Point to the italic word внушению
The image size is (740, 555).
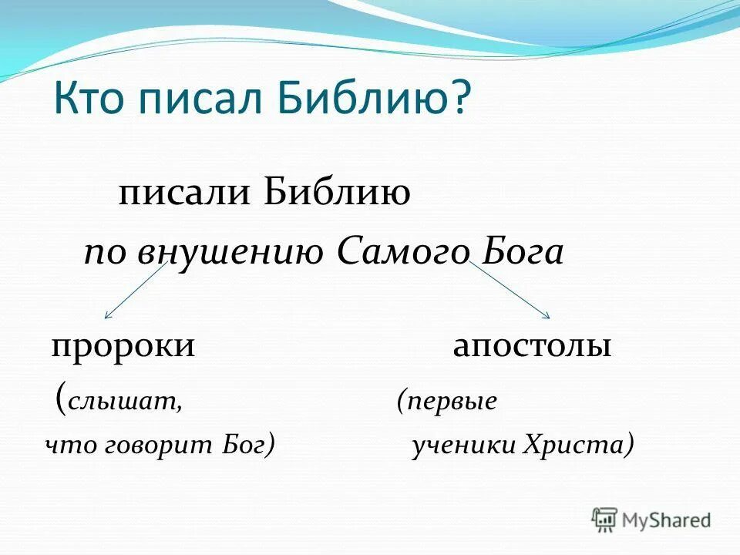(x=230, y=253)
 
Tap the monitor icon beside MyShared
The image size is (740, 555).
(x=604, y=520)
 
